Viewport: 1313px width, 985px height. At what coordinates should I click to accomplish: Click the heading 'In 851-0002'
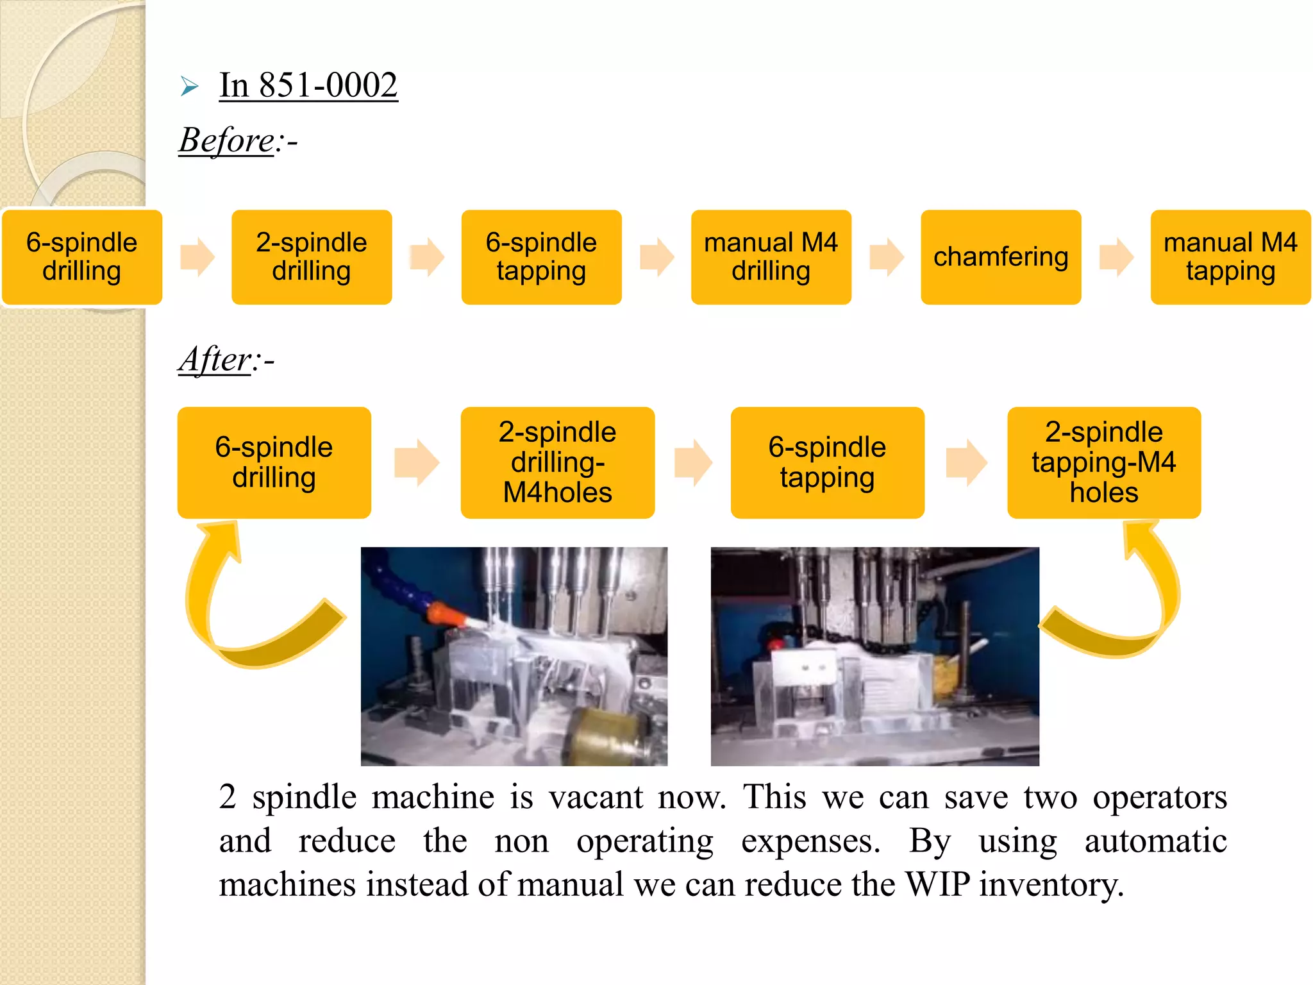(x=308, y=85)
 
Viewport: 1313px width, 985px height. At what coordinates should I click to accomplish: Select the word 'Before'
(x=226, y=140)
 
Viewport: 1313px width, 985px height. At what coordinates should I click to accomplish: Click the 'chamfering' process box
(x=1000, y=257)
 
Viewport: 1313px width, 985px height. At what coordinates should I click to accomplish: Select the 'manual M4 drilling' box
(x=771, y=257)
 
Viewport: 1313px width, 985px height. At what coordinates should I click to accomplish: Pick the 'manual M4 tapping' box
(x=1230, y=257)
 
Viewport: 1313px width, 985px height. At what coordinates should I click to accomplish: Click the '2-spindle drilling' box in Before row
(x=312, y=257)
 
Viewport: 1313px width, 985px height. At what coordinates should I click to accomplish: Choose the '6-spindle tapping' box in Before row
(x=541, y=257)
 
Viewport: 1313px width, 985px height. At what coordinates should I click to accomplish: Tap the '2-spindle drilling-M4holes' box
(x=557, y=462)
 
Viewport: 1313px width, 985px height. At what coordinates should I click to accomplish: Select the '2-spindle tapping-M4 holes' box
(x=1103, y=462)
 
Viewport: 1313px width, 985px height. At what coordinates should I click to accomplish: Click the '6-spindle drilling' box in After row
(x=274, y=462)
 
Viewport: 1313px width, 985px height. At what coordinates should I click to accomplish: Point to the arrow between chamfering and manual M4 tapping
(x=1116, y=257)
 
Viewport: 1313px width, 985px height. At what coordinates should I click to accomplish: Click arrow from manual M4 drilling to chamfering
(x=887, y=257)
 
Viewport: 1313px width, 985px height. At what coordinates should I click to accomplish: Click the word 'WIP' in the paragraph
(x=937, y=884)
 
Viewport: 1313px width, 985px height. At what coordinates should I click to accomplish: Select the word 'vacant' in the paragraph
(x=596, y=797)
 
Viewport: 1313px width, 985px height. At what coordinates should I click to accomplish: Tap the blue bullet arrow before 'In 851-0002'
(x=189, y=86)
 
